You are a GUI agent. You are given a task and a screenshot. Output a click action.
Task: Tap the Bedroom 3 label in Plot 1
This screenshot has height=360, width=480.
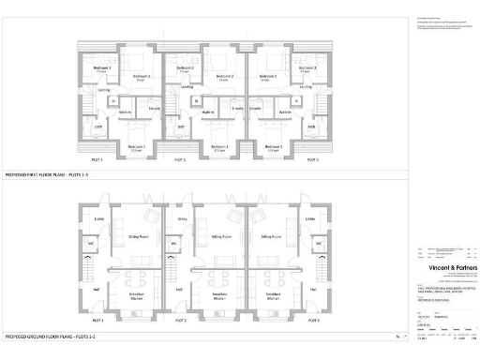tap(102, 69)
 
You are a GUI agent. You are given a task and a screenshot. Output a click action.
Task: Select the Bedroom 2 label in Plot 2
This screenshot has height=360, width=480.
tap(226, 76)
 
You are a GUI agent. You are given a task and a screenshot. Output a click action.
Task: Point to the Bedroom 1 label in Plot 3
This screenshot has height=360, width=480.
tap(273, 146)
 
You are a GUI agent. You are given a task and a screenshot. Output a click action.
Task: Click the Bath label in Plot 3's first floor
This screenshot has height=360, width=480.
tap(313, 127)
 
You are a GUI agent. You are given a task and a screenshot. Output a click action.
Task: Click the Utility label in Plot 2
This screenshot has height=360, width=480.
tap(182, 219)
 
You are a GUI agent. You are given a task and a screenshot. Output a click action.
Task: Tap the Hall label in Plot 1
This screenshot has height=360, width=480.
tap(97, 290)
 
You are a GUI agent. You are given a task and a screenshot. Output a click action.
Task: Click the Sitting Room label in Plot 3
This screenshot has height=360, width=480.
tap(273, 237)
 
